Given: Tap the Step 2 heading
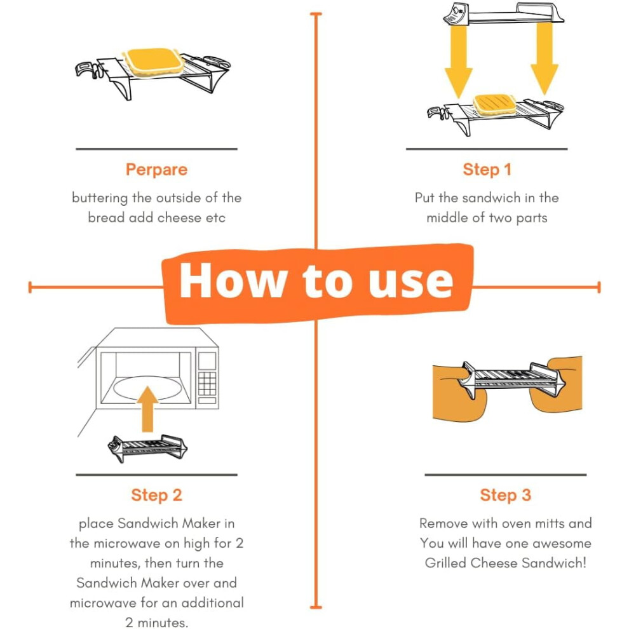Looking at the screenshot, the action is point(156,496).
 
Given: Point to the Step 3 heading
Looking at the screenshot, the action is point(506,496).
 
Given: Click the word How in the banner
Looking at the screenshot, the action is point(233,280).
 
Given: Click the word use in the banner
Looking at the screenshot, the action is point(411,282).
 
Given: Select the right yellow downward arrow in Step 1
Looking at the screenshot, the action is point(544,58).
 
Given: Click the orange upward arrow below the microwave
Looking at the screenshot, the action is point(147,409).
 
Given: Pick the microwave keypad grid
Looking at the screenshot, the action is point(207,384).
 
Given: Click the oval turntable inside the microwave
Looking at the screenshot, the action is point(147,388).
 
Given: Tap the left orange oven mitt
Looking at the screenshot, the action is point(459,393).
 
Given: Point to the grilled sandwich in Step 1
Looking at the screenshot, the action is point(494,104).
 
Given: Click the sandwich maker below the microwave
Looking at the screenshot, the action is point(147,448).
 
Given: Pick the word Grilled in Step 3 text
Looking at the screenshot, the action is point(445,563).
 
